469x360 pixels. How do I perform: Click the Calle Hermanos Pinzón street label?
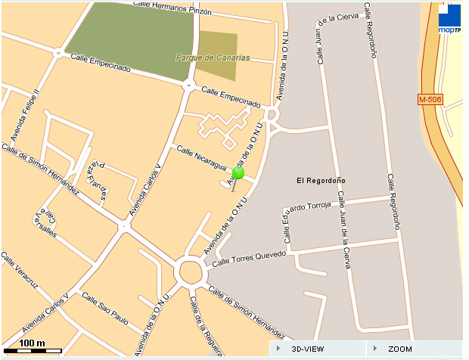pyautogui.click(x=172, y=8)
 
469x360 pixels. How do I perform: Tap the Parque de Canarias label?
pyautogui.click(x=213, y=57)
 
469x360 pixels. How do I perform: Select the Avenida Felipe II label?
pyautogui.click(x=24, y=115)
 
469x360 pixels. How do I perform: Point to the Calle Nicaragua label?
pyautogui.click(x=201, y=157)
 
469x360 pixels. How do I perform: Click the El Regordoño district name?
pyautogui.click(x=321, y=180)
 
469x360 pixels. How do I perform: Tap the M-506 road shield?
pyautogui.click(x=430, y=100)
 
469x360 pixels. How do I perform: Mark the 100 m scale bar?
pyautogui.click(x=32, y=345)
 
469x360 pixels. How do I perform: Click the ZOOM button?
pyautogui.click(x=399, y=349)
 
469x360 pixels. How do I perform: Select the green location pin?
pyautogui.click(x=238, y=173)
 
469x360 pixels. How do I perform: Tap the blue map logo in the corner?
pyautogui.click(x=449, y=19)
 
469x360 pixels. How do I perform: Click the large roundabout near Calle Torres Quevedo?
pyautogui.click(x=189, y=271)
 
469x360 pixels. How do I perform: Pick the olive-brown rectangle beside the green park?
pyautogui.click(x=217, y=56)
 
